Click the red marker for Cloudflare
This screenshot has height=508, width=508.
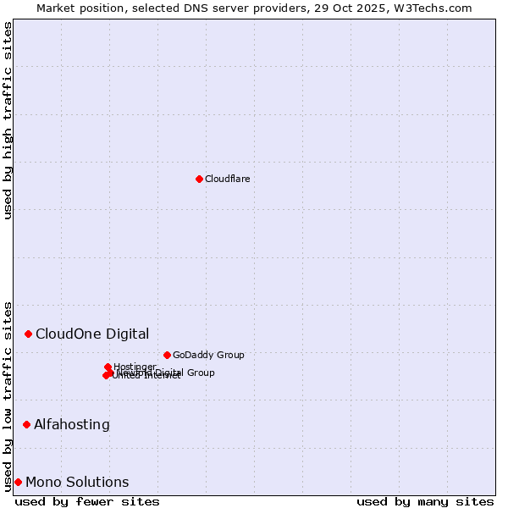[x=199, y=179]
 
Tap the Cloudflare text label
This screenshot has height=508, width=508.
[x=227, y=179]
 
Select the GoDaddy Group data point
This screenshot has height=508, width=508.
[x=167, y=355]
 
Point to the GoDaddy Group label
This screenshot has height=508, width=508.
[x=208, y=355]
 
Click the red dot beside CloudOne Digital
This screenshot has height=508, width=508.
[x=28, y=334]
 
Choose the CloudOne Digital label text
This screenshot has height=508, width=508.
[x=92, y=334]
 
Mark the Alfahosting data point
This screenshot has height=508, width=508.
[x=26, y=424]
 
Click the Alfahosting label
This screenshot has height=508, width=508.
[x=72, y=424]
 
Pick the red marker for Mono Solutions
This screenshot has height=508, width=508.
[x=18, y=482]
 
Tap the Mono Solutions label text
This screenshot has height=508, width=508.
[x=77, y=482]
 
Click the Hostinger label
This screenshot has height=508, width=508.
[x=135, y=367]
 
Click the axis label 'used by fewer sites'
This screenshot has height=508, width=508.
[x=87, y=501]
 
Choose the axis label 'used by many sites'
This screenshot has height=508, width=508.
[x=425, y=501]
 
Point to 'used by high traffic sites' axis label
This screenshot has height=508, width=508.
[x=8, y=120]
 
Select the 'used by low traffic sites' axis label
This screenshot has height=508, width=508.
[x=8, y=395]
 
